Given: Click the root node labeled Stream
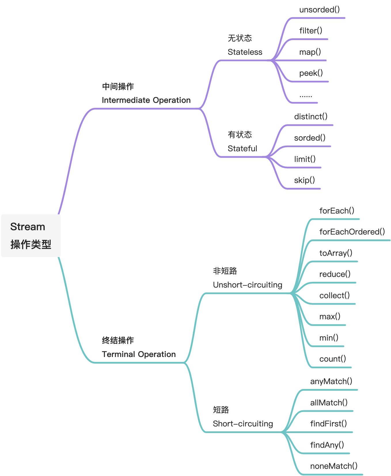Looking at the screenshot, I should pos(28,227).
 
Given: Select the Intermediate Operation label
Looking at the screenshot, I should pos(146,100).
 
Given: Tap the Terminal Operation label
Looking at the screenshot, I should pos(138,354).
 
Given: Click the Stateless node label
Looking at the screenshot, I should pos(245,52).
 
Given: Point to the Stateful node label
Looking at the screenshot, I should pos(242,148).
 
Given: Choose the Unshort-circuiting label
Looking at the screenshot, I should pos(247,285).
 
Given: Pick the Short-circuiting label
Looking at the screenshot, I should pos(243,424).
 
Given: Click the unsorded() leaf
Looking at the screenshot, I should pos(319,10).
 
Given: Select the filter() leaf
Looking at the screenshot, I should pos(311,31).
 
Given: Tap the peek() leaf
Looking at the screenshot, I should pos(311,73).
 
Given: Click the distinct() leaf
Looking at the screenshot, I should pos(311,116).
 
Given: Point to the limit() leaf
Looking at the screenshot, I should pos(305,159).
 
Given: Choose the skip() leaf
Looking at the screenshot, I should pos(304,180).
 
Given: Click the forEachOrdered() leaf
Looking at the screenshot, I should pos(352,232).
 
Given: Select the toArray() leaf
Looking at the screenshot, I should pos(336,253).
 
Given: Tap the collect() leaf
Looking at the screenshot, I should pos(334,295).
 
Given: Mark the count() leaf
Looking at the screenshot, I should pos(333,359).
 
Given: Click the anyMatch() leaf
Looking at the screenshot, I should pos(331,381).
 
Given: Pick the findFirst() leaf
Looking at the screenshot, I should pos(328,424).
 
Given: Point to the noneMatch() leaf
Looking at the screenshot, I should pos(334,466).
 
